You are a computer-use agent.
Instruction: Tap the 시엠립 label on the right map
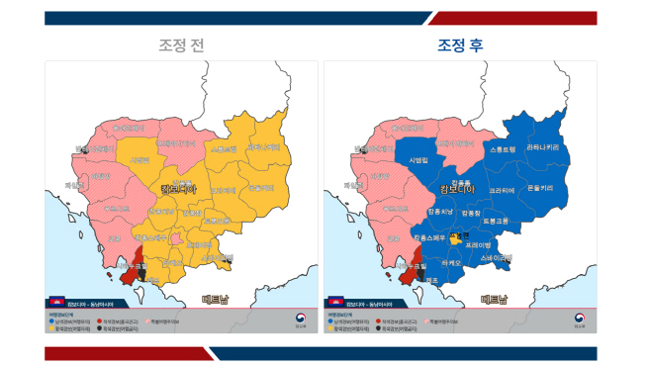[418, 159]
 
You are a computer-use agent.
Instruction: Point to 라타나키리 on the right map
[544, 146]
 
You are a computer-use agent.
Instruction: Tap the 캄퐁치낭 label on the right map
[440, 211]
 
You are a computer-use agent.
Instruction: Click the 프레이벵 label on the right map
[478, 243]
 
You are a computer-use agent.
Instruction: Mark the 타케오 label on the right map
[449, 262]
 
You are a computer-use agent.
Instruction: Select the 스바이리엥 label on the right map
[497, 257]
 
